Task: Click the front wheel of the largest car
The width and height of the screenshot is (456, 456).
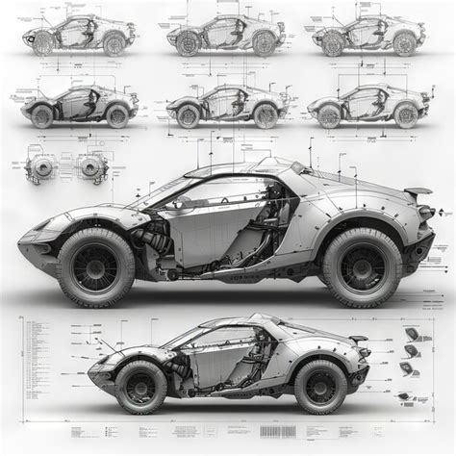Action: [96, 266]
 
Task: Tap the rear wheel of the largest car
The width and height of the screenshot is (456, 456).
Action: [362, 266]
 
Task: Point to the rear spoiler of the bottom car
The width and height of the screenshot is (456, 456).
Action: [359, 340]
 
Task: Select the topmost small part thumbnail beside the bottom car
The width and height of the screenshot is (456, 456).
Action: [412, 334]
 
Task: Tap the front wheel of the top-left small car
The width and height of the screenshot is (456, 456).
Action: [42, 43]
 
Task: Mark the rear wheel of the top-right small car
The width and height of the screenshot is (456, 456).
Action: [404, 43]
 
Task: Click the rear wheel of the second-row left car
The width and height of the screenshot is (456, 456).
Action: [117, 116]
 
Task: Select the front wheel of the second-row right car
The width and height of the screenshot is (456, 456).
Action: [331, 116]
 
